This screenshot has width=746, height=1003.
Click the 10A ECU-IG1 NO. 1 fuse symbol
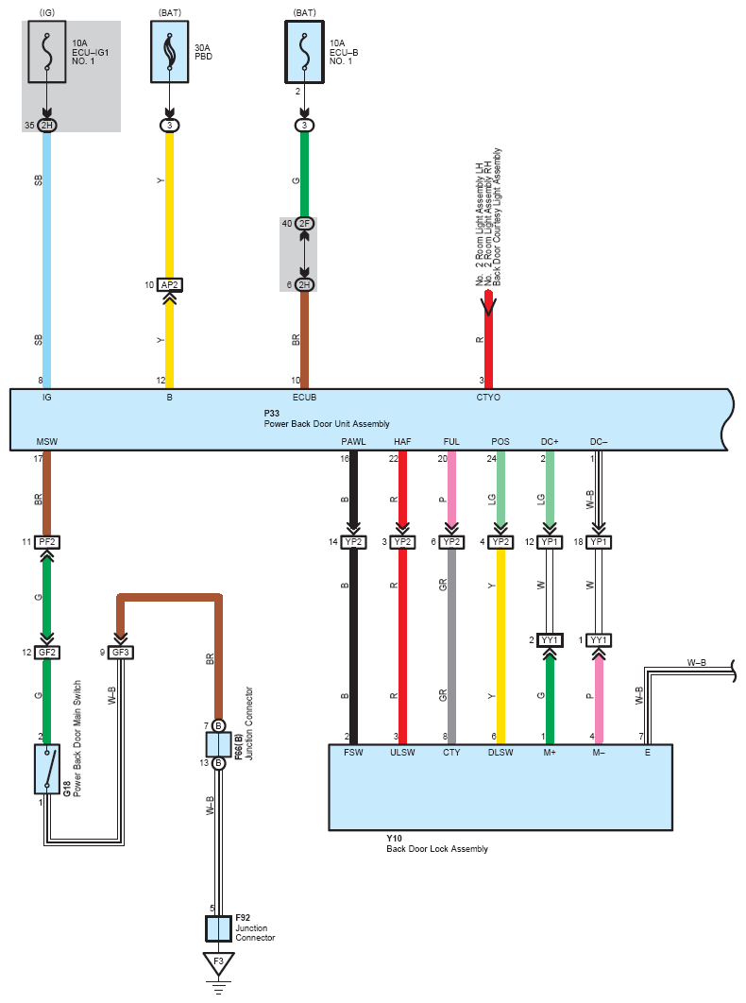pyautogui.click(x=46, y=52)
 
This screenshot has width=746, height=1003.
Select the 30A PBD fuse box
pyautogui.click(x=170, y=52)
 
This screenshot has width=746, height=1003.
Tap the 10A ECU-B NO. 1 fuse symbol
pyautogui.click(x=305, y=52)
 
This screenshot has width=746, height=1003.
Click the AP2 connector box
pyautogui.click(x=170, y=284)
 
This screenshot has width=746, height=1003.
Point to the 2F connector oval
pyautogui.click(x=305, y=223)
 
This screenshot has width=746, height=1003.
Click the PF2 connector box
pyautogui.click(x=46, y=542)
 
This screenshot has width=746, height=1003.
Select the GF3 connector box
pyautogui.click(x=120, y=653)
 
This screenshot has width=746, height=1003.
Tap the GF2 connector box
pyautogui.click(x=46, y=653)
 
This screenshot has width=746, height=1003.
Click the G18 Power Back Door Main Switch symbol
pyautogui.click(x=46, y=769)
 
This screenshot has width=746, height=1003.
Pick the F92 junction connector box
pyautogui.click(x=218, y=928)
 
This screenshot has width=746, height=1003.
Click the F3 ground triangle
pyautogui.click(x=219, y=963)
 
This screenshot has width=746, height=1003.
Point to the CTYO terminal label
pyautogui.click(x=488, y=398)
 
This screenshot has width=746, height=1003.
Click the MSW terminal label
pyautogui.click(x=46, y=441)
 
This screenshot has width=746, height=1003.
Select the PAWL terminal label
pyautogui.click(x=353, y=441)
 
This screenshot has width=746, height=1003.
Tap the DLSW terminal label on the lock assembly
pyautogui.click(x=500, y=752)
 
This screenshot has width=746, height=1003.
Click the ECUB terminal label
pyautogui.click(x=305, y=398)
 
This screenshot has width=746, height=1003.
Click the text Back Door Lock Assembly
pyautogui.click(x=437, y=849)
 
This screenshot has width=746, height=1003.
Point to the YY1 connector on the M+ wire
pyautogui.click(x=550, y=639)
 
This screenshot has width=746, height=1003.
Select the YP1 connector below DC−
pyautogui.click(x=599, y=542)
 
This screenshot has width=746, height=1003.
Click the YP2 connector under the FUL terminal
pyautogui.click(x=451, y=542)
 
